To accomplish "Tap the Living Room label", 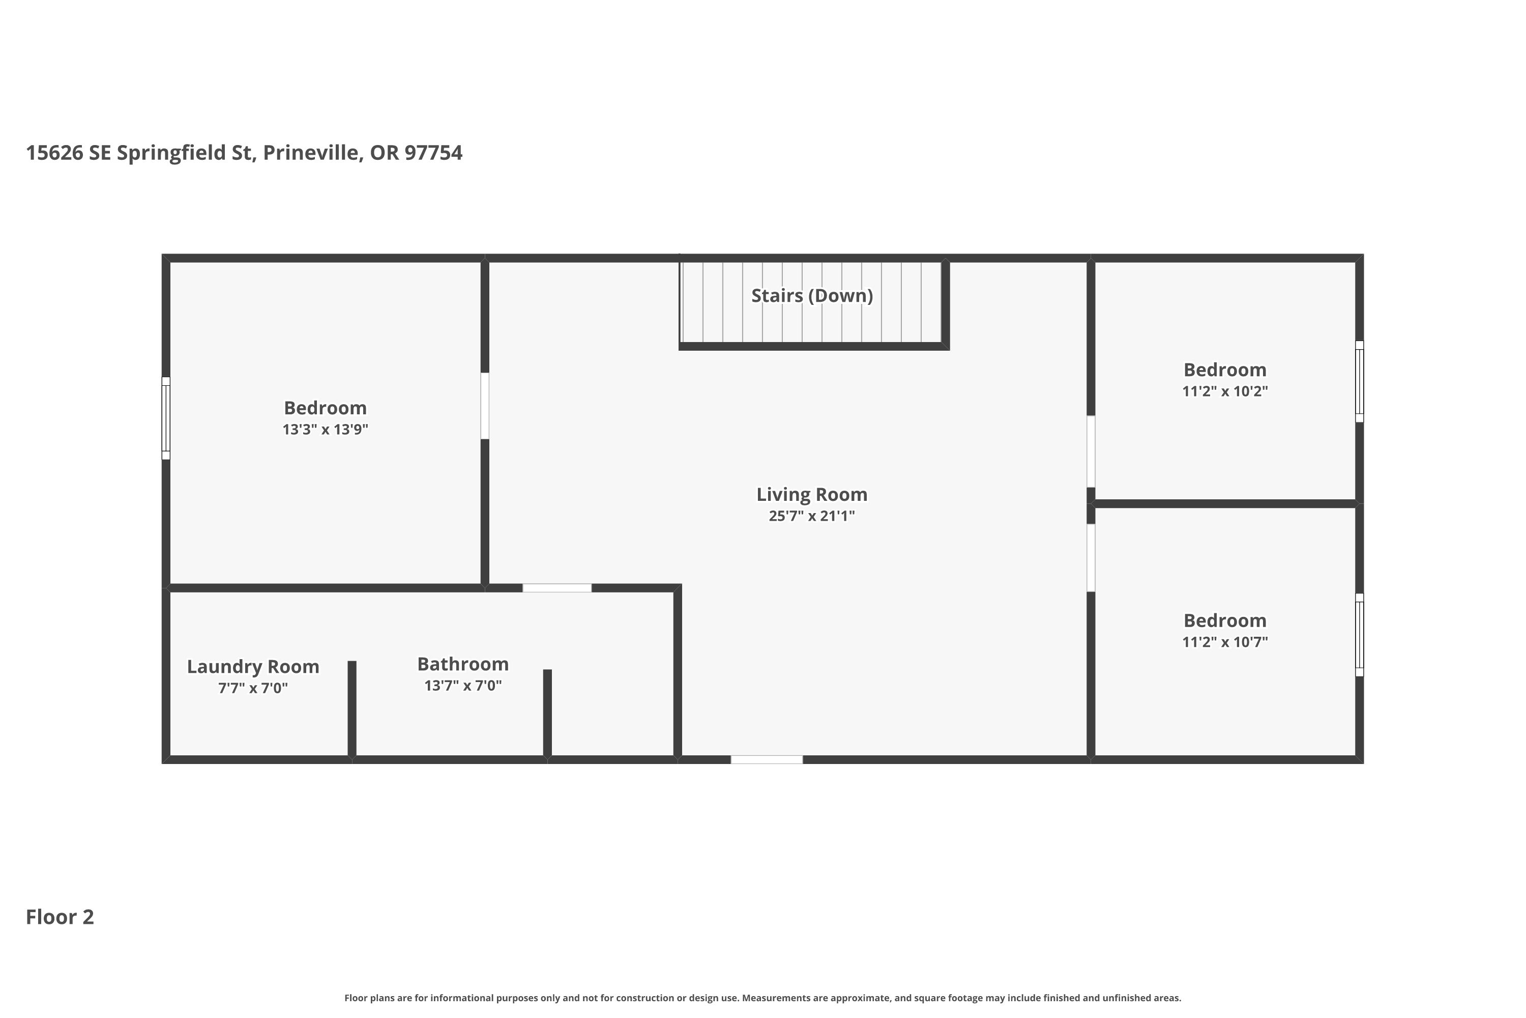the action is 812,494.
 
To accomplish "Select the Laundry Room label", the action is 253,667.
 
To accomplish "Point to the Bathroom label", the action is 462,664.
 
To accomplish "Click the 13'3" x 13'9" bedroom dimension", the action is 325,429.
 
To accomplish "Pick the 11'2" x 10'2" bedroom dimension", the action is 1225,391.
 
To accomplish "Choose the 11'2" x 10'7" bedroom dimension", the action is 1225,641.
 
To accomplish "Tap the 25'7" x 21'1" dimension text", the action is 812,516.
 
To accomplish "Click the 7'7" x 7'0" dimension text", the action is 253,688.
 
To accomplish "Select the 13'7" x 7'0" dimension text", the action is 462,685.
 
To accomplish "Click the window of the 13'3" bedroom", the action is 166,418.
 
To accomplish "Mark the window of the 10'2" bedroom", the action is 1359,381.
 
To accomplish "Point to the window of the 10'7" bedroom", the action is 1359,634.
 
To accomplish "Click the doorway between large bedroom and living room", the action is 485,406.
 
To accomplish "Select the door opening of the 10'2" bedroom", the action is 1091,451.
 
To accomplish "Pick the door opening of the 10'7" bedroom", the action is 1091,558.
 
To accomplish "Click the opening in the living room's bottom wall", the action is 767,759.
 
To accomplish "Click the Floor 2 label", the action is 60,917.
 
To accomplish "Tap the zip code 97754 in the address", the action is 433,153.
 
